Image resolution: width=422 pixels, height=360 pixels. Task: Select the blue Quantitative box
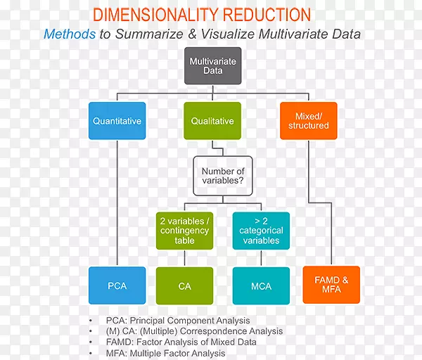pos(117,121)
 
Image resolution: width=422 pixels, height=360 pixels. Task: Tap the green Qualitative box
pos(213,121)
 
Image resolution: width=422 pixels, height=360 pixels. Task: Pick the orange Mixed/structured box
pos(308,121)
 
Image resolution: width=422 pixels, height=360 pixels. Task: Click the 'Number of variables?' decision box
pos(223,176)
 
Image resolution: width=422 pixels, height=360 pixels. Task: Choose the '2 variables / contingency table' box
pos(184,231)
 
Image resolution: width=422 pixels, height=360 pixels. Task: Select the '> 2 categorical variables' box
pos(261,231)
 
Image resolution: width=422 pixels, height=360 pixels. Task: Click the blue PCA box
pos(117,285)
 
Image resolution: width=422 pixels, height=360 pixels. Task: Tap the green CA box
pos(184,285)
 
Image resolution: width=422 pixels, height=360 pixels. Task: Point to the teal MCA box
pos(261,285)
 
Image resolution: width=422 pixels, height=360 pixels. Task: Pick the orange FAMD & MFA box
pos(331,285)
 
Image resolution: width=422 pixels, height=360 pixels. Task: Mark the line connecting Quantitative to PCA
pos(117,204)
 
